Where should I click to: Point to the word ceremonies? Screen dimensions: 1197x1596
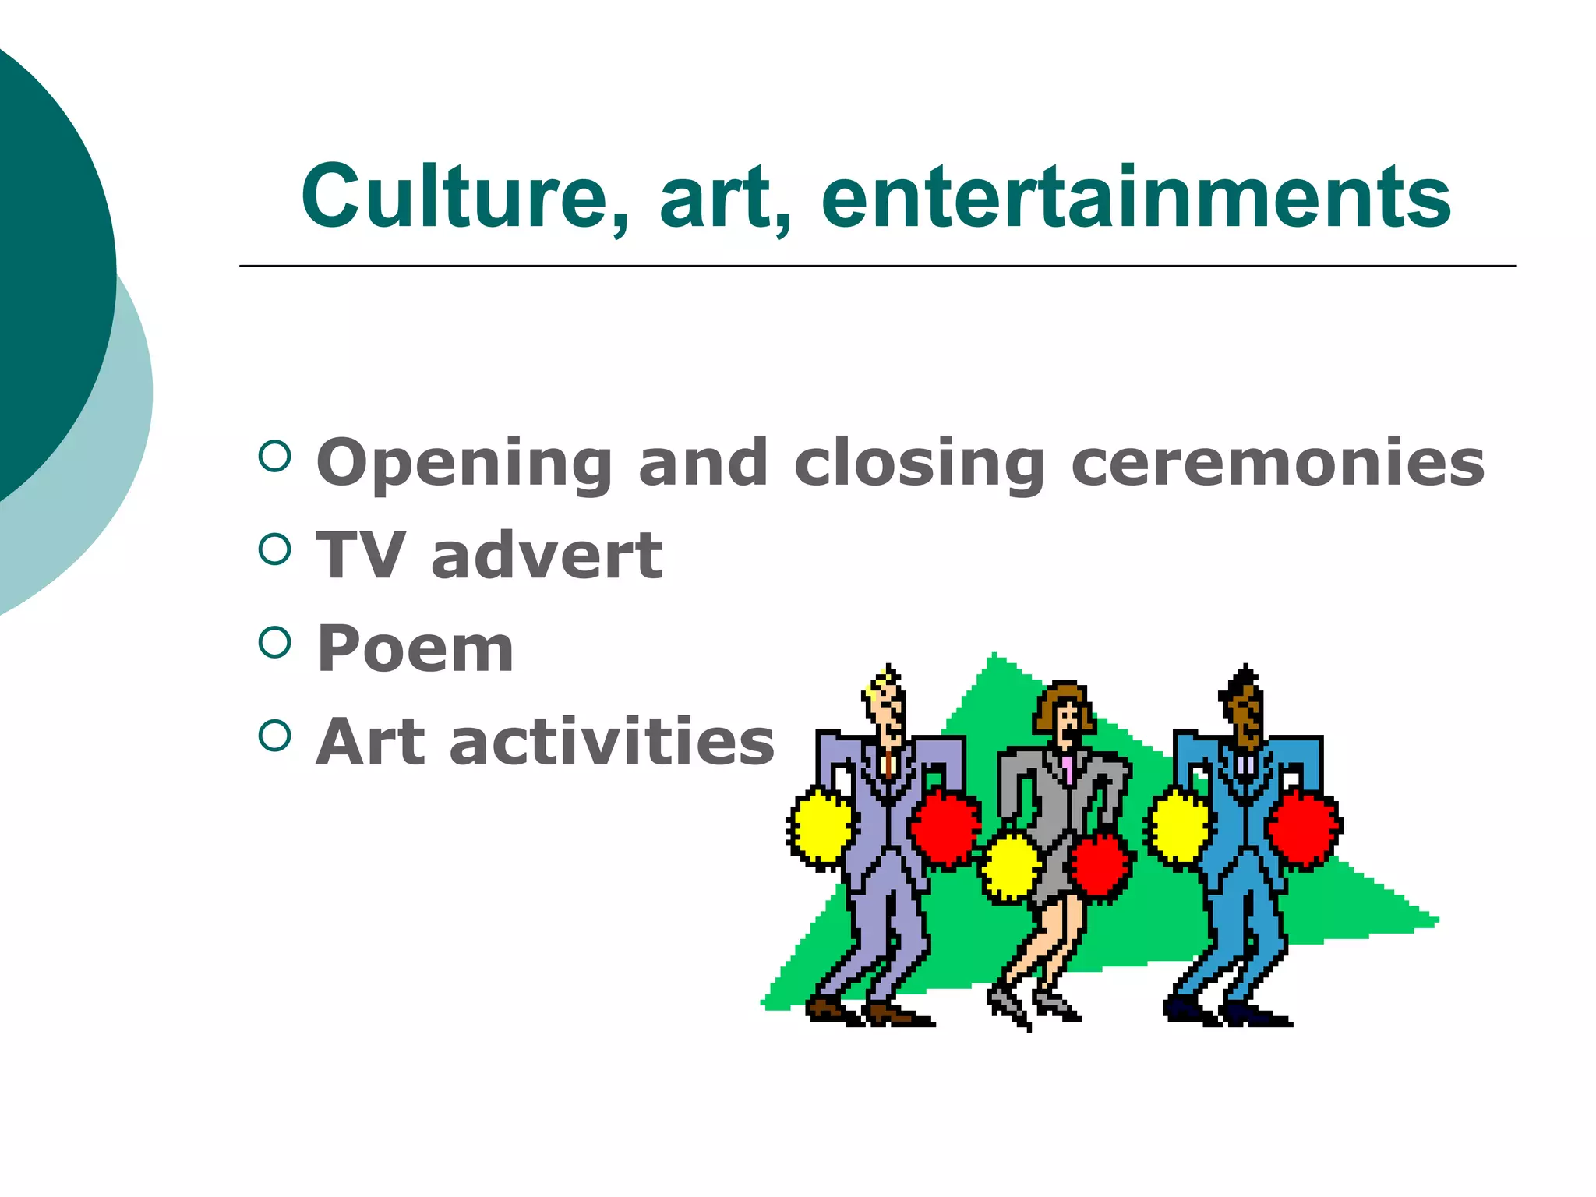1278,464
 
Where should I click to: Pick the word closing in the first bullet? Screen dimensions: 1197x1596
920,464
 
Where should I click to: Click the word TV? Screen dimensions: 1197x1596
360,556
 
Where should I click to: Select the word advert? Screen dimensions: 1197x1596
546,556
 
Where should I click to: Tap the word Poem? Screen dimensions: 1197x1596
415,648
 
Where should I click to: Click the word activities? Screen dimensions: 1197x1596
612,742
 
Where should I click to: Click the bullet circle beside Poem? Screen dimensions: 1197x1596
274,642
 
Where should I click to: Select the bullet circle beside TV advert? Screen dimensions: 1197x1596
274,549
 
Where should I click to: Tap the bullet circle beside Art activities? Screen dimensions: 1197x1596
274,735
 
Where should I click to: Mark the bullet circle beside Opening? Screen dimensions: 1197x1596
274,456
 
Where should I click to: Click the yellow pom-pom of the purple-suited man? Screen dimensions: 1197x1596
821,826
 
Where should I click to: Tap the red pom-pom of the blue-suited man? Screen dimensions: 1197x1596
1303,828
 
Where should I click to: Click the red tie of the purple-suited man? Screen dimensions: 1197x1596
888,764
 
